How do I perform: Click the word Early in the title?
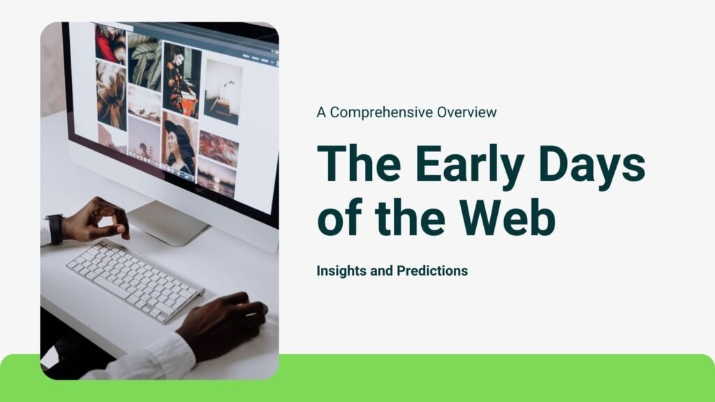[469, 165]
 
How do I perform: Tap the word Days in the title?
[592, 165]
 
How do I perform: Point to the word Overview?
[466, 112]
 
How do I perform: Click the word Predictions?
[432, 271]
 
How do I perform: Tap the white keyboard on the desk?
[135, 281]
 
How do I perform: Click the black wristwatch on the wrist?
[54, 229]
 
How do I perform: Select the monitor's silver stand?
[168, 223]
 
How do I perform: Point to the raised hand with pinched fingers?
[96, 220]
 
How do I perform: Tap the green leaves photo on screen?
[145, 61]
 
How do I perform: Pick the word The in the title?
[359, 163]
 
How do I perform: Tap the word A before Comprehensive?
[321, 112]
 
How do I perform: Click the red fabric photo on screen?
[110, 44]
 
